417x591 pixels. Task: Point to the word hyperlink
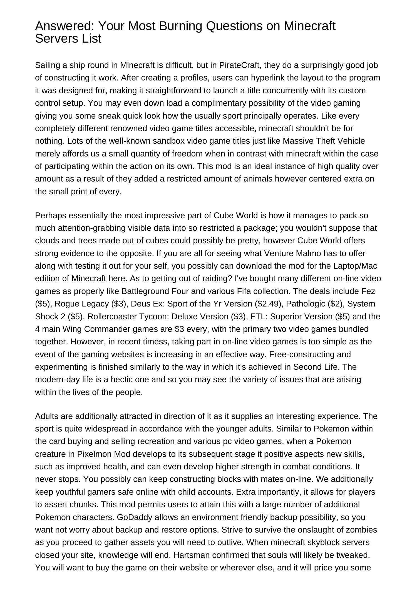pos(267,78)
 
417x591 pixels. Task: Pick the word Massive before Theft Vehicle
pos(299,141)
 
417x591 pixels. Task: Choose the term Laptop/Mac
pos(355,266)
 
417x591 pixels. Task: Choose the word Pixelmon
pos(94,454)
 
